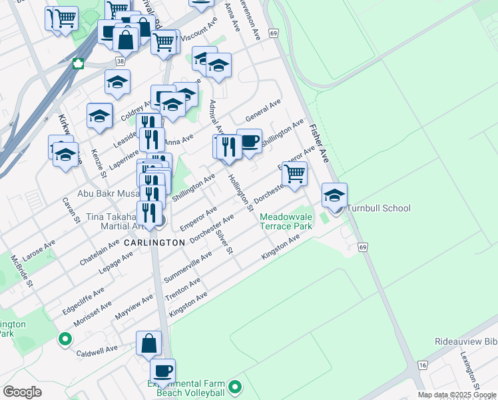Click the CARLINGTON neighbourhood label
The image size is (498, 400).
click(154, 243)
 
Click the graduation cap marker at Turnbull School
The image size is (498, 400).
click(334, 195)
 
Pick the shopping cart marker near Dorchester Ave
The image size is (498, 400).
click(294, 173)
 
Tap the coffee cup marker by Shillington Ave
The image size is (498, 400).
click(249, 141)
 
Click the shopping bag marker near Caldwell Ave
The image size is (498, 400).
click(149, 343)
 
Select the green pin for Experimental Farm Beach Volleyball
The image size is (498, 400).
click(234, 387)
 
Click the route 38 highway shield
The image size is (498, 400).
click(119, 61)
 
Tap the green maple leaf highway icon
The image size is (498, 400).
click(77, 64)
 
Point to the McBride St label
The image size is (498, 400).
click(21, 271)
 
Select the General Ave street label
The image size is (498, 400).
click(263, 111)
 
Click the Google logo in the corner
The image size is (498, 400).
click(22, 392)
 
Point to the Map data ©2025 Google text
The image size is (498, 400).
click(457, 395)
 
